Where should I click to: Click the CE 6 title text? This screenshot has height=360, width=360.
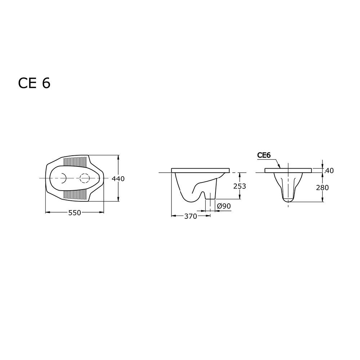[34, 83]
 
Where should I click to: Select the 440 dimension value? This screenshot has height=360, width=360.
[118, 178]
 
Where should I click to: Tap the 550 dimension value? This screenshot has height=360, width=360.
[75, 213]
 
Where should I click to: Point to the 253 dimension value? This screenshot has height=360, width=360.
[240, 186]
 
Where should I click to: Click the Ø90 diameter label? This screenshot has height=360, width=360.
[224, 206]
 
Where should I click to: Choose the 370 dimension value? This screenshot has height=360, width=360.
[191, 216]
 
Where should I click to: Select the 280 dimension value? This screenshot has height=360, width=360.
[323, 188]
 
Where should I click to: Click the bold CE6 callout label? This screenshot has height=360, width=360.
[264, 155]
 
